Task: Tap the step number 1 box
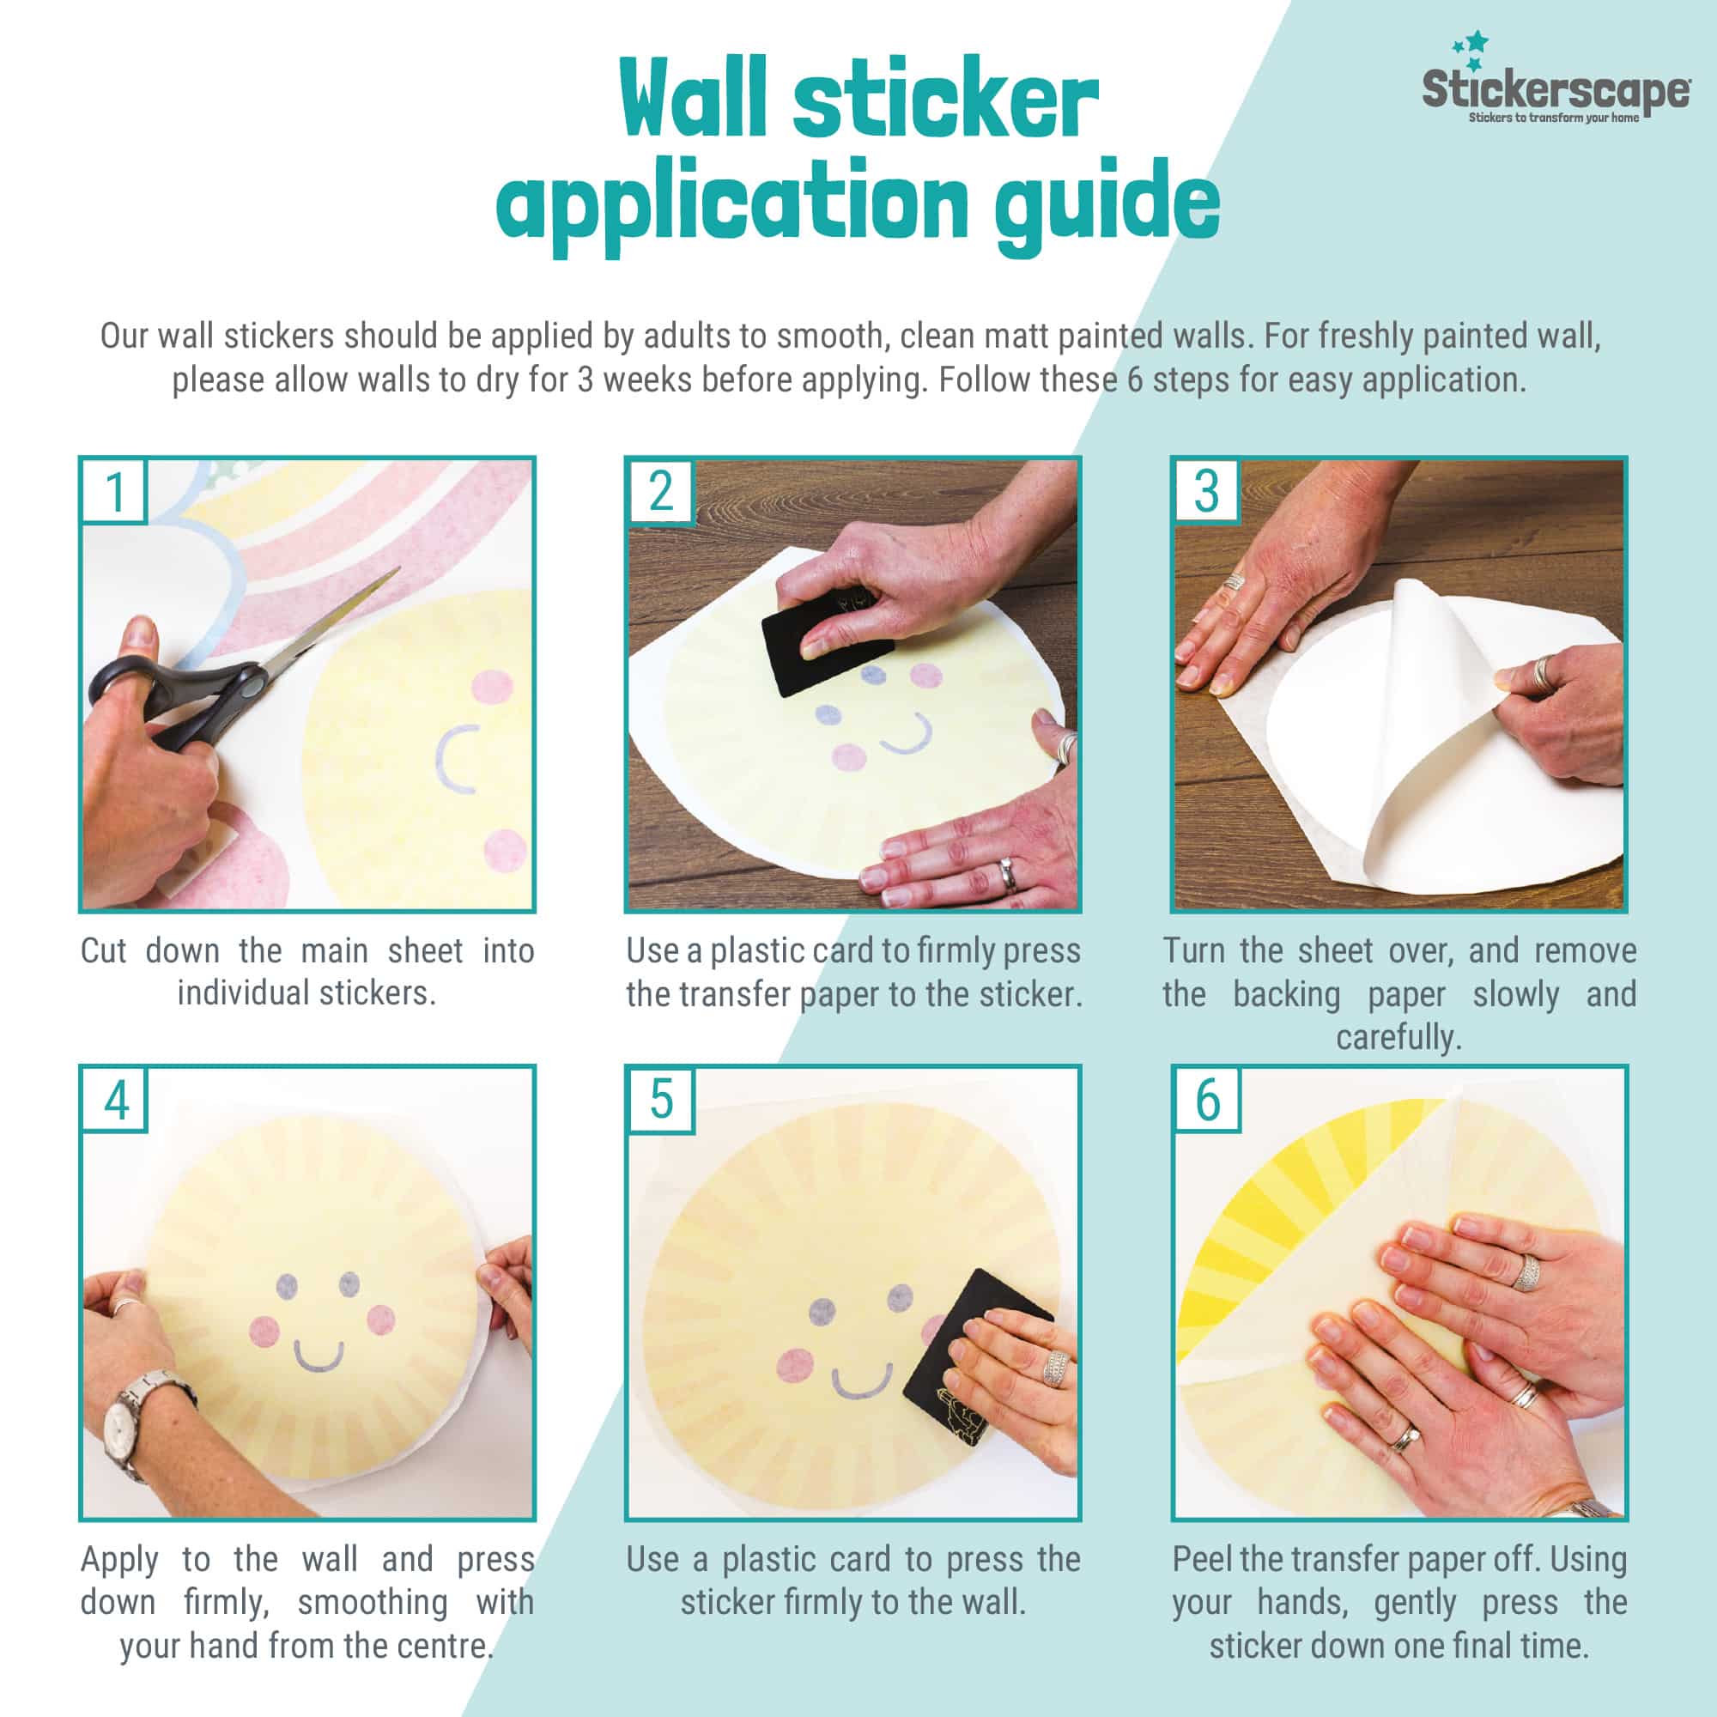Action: coord(114,490)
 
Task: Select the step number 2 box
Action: coord(660,490)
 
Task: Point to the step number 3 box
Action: coord(1206,490)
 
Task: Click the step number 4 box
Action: coord(115,1100)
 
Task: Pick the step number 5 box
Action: coord(660,1100)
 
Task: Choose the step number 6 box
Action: coord(1207,1100)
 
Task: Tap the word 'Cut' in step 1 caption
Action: coord(104,951)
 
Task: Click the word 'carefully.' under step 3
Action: coord(1398,1038)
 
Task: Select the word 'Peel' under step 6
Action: coord(1203,1560)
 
